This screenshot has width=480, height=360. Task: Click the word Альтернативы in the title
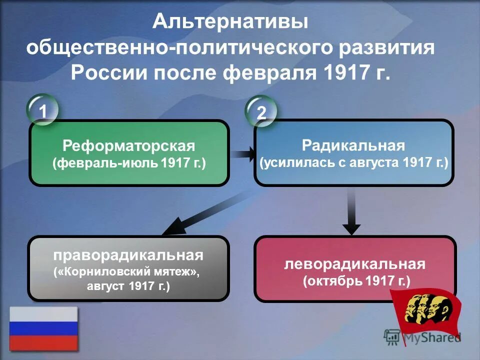point(230,21)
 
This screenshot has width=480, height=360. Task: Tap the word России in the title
point(108,73)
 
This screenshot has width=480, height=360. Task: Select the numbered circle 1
point(43,110)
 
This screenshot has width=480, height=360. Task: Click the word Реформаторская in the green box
point(128,146)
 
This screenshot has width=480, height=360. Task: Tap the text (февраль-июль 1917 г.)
point(129,164)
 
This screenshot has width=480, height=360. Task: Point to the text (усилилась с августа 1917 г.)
point(354,163)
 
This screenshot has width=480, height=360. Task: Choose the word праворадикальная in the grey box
point(128,255)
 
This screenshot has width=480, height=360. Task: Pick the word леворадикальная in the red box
point(355,263)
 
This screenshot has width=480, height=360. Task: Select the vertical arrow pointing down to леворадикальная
point(352,212)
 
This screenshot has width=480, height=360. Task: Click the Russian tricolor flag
point(43,328)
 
